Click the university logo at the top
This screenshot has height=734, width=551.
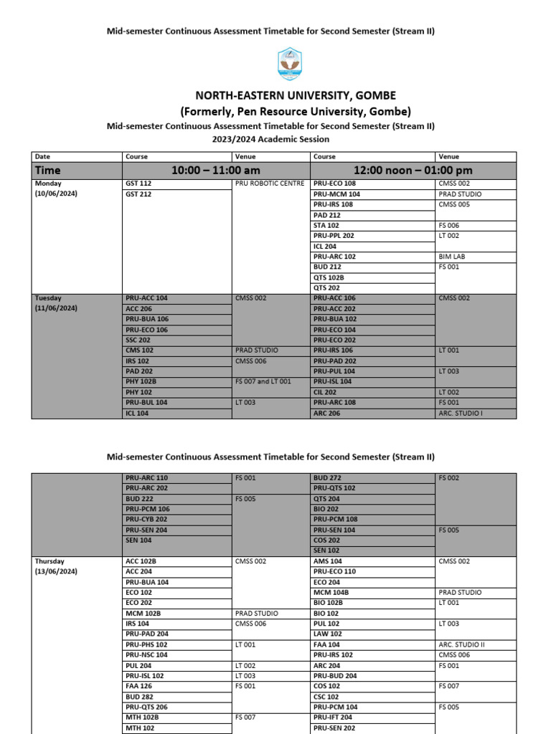point(289,64)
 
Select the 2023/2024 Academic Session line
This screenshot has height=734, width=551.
point(270,139)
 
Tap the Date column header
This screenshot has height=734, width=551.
point(42,156)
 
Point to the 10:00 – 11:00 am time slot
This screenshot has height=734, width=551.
point(215,171)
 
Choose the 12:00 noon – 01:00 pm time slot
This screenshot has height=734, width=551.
point(413,171)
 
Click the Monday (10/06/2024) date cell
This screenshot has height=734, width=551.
point(56,189)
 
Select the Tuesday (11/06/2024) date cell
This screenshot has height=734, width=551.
point(56,302)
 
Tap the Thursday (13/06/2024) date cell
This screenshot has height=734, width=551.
point(56,566)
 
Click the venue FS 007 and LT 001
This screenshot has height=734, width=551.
point(263,381)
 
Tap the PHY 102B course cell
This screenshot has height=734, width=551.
point(141,381)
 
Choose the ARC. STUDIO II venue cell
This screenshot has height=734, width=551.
point(461,644)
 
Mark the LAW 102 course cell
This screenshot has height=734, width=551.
point(328,634)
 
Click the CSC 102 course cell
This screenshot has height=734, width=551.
point(326,697)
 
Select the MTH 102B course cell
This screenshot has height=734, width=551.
point(142,717)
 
